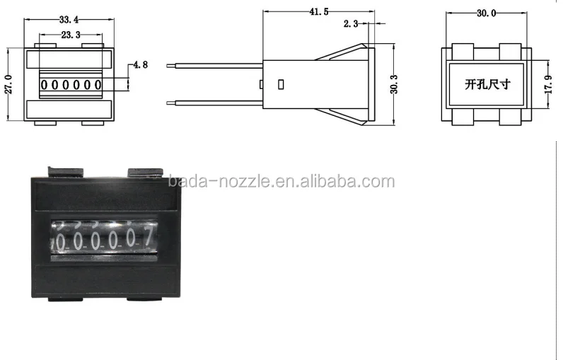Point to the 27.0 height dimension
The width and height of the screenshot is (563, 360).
pos(9,85)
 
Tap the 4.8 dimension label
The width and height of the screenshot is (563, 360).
pos(139,65)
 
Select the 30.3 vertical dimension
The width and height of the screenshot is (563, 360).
pos(394,84)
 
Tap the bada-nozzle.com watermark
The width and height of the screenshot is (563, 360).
pos(281,182)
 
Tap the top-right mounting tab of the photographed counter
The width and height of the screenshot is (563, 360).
pos(144,173)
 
